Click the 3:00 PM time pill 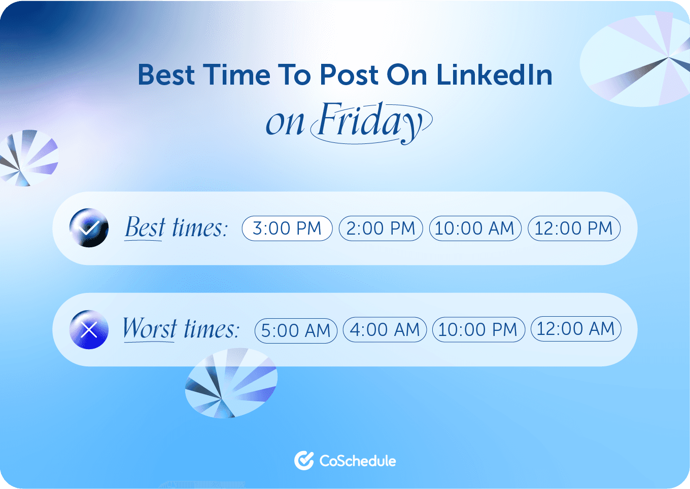click(x=287, y=228)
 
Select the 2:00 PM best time click(x=381, y=228)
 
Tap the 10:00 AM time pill click(x=475, y=228)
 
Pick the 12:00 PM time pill click(x=574, y=228)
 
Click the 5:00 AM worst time click(x=296, y=330)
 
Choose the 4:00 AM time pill click(x=385, y=330)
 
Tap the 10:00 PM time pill click(x=478, y=330)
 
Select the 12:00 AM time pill click(x=576, y=329)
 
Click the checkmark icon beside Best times click(x=89, y=228)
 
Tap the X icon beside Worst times click(x=89, y=330)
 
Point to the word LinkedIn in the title click(x=494, y=75)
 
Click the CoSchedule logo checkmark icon click(x=304, y=461)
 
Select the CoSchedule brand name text click(x=358, y=461)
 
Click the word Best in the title click(x=166, y=75)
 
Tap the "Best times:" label click(x=176, y=228)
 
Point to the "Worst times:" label click(x=181, y=329)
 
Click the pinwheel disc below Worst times click(x=231, y=383)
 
